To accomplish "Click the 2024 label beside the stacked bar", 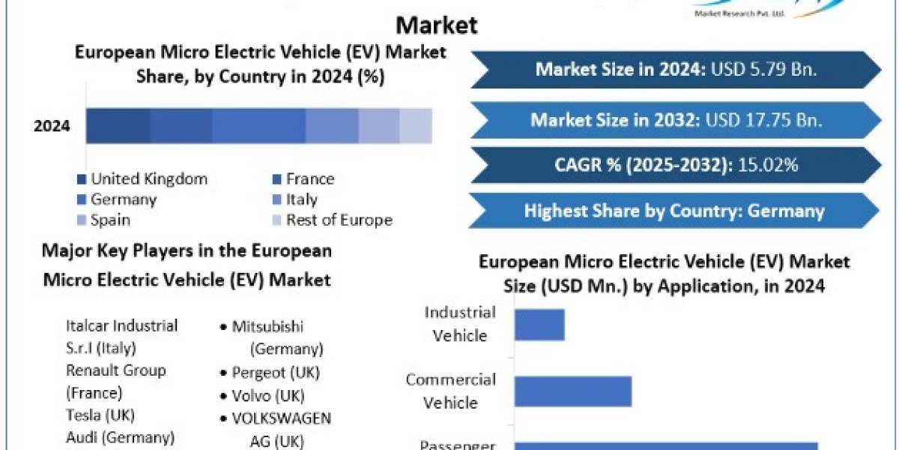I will pyautogui.click(x=52, y=126).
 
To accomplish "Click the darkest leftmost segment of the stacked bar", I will pyautogui.click(x=118, y=125).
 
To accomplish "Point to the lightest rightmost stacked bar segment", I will pyautogui.click(x=416, y=125).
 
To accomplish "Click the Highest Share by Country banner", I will pyautogui.click(x=674, y=211).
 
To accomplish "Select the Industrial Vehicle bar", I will pyautogui.click(x=539, y=324).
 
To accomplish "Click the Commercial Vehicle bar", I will pyautogui.click(x=573, y=391).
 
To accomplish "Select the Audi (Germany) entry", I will pyautogui.click(x=120, y=436).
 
